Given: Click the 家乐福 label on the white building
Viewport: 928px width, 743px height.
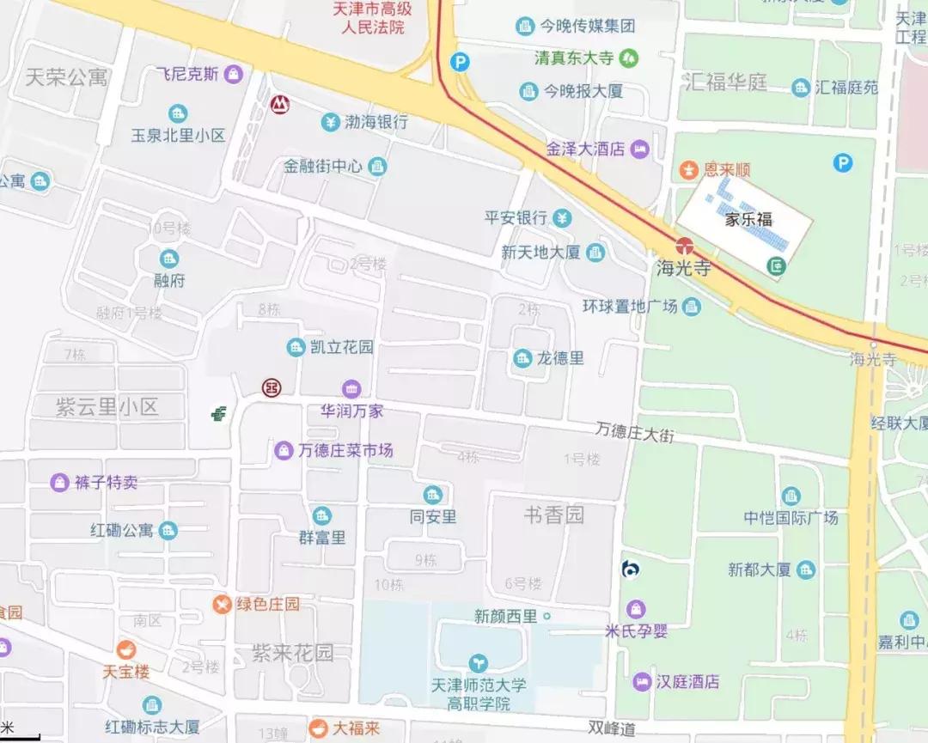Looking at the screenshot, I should click(744, 219).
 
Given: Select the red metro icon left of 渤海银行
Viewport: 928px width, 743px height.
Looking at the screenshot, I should click(279, 105).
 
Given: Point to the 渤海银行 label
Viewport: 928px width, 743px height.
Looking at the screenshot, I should click(376, 122).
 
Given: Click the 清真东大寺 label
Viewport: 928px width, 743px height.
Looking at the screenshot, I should click(573, 58).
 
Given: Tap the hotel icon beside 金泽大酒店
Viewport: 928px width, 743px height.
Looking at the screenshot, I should click(640, 149).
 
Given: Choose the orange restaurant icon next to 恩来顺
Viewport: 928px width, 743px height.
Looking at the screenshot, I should click(688, 170).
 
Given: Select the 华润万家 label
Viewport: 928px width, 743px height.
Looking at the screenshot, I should click(351, 411).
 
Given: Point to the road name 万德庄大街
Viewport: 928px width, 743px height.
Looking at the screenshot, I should click(635, 431).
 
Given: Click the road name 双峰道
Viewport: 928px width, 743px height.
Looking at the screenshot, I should click(612, 729).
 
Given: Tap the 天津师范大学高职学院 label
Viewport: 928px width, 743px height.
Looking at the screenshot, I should click(479, 694).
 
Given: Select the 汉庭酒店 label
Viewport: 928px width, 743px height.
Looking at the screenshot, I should click(687, 682).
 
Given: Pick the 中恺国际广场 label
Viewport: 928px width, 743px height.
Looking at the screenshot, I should click(791, 517).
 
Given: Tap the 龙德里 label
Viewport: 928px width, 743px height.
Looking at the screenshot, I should click(560, 358).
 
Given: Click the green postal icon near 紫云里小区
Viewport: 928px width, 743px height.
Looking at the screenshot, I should click(219, 414).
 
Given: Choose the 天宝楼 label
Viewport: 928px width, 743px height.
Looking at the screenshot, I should click(126, 671).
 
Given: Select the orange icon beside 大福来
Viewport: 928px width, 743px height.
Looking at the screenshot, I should click(318, 728).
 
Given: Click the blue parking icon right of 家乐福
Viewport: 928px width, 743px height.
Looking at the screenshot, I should click(843, 162).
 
